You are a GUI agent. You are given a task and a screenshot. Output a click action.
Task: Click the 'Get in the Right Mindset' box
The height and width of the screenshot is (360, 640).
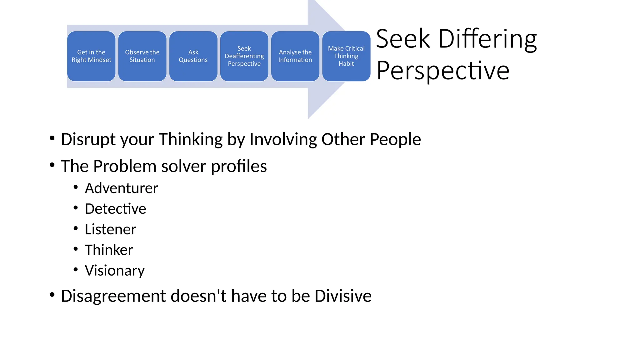tap(91, 56)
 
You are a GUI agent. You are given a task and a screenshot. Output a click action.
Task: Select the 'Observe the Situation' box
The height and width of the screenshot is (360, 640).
tap(142, 56)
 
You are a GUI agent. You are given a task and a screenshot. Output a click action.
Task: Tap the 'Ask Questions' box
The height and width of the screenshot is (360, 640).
tap(193, 56)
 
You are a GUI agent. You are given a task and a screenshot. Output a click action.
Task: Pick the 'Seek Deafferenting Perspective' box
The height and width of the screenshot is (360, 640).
tap(244, 56)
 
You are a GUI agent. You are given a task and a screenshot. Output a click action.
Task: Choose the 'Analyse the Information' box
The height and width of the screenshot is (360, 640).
tap(295, 56)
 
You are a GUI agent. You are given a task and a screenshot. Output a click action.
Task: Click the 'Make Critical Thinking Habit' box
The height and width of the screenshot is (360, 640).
tap(346, 56)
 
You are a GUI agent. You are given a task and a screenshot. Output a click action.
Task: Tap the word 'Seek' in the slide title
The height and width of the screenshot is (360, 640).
tap(403, 39)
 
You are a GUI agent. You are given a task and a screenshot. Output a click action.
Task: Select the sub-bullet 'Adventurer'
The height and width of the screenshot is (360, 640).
tap(121, 188)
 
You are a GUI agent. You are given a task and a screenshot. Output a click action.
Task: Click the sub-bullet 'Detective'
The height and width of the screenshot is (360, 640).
tap(115, 209)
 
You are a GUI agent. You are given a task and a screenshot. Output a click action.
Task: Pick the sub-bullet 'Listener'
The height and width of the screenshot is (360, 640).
tap(110, 229)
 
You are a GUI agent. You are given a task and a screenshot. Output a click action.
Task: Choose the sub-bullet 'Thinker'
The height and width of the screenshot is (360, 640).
tap(109, 250)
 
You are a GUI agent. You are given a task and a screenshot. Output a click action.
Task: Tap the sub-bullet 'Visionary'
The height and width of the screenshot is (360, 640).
tap(115, 271)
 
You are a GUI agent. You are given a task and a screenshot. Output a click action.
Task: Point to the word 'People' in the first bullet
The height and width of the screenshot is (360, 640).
tap(395, 139)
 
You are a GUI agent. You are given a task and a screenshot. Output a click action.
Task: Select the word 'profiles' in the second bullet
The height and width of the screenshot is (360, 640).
tap(239, 166)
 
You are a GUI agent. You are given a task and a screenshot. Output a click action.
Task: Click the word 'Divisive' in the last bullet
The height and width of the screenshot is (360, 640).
tap(343, 296)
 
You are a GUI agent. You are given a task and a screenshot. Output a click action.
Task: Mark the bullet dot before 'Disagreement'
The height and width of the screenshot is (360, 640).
tap(52, 294)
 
